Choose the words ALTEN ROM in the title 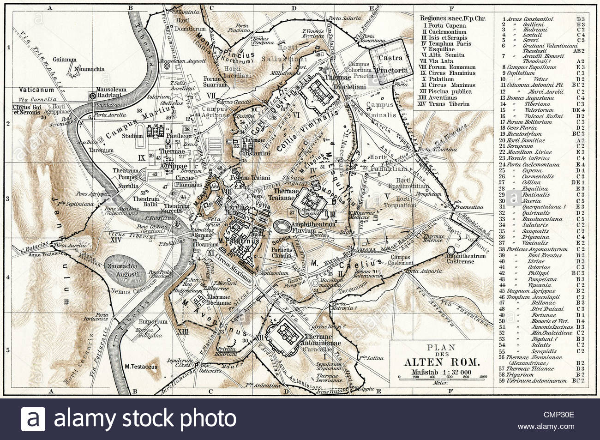[442, 362]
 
